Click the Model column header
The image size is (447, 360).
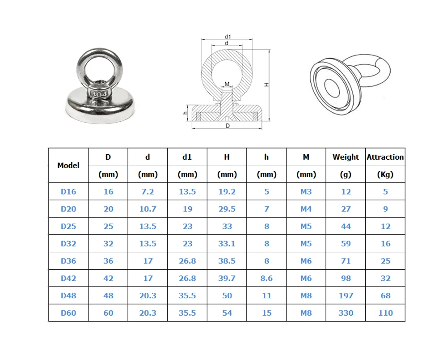[68, 165]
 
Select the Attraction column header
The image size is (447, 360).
[385, 157]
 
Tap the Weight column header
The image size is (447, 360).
[346, 157]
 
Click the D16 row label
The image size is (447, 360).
[68, 192]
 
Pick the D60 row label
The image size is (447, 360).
[68, 313]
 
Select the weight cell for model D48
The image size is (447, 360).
[346, 296]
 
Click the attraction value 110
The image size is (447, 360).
[385, 313]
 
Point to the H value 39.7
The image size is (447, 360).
[227, 278]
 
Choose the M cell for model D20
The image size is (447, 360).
[306, 209]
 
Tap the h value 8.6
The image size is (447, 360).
[266, 278]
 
